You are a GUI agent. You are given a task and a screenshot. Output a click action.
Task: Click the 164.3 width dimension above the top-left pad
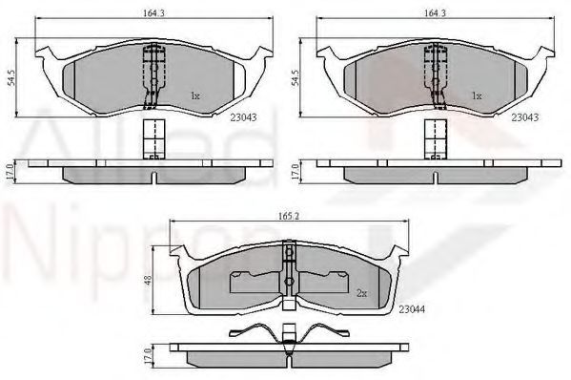point(154,12)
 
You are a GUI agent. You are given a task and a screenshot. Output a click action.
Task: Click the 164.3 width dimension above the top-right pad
point(436,12)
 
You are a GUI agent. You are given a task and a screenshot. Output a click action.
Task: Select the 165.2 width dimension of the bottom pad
point(289,216)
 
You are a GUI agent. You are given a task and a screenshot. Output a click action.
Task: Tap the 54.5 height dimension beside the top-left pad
point(11,78)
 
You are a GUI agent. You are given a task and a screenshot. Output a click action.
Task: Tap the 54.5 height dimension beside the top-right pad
point(295,78)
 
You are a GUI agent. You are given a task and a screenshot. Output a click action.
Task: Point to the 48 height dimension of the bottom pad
point(149,280)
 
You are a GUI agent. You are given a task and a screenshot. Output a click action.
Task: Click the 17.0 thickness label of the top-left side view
point(10,172)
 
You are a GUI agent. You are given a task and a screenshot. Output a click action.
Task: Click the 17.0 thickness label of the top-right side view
point(295,172)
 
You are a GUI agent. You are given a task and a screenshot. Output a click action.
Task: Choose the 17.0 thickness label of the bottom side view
point(148,356)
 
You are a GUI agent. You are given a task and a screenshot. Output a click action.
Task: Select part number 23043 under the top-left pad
point(243,117)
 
